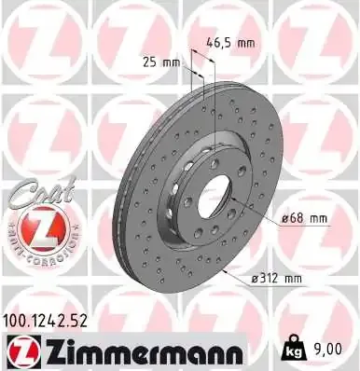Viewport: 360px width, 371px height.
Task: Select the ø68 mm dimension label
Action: coord(304,218)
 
